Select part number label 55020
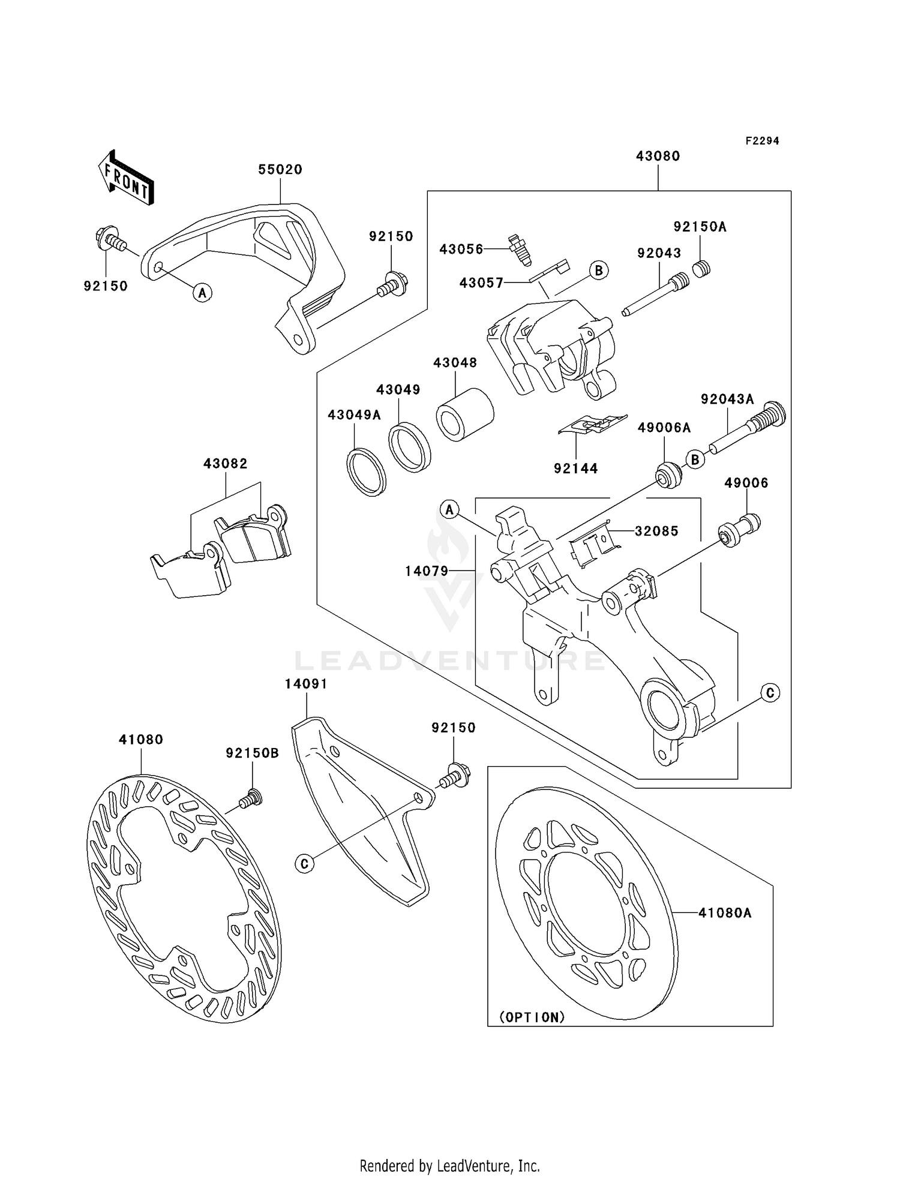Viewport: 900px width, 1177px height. [280, 170]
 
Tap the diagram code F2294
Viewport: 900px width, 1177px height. [762, 141]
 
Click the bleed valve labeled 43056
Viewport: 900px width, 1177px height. [518, 250]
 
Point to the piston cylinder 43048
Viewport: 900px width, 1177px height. [464, 415]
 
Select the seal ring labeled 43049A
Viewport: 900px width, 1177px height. [365, 472]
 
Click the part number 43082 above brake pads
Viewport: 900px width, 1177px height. [226, 464]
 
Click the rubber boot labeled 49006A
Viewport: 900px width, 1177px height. [668, 476]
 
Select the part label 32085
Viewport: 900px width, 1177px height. [657, 531]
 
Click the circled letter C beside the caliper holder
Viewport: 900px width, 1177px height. [770, 693]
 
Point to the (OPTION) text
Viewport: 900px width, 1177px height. [532, 1017]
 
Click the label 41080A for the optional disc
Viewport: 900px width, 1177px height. [725, 913]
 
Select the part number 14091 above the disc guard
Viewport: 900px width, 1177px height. [306, 684]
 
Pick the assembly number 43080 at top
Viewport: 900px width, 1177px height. [658, 156]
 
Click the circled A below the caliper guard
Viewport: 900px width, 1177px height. [203, 293]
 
